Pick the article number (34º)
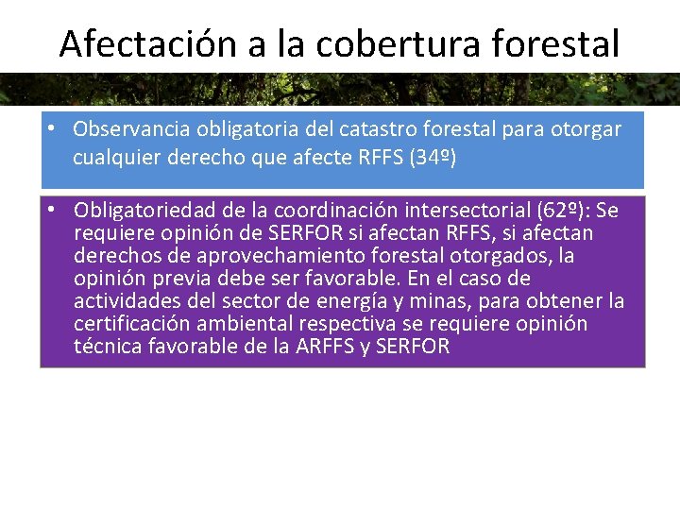[433, 158]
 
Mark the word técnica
[105, 347]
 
